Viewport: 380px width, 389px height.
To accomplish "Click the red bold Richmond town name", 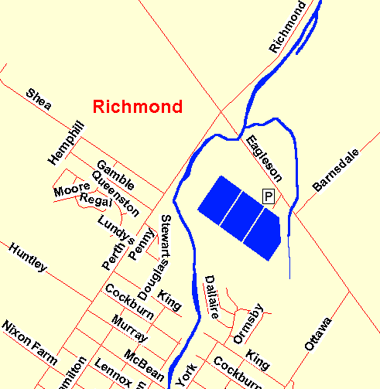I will (138, 107).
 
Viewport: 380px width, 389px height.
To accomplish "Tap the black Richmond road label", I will (288, 27).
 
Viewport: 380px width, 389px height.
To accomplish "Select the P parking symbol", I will (269, 196).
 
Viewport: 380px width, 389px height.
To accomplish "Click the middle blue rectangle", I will (238, 218).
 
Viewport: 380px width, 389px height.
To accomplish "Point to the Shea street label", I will (38, 100).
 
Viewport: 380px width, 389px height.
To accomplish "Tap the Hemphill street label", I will (65, 142).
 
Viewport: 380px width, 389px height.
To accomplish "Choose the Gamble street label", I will (115, 175).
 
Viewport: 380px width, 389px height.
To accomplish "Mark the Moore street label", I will (71, 190).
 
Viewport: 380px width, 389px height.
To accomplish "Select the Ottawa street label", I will (317, 334).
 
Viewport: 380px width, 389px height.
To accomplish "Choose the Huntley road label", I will (29, 258).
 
